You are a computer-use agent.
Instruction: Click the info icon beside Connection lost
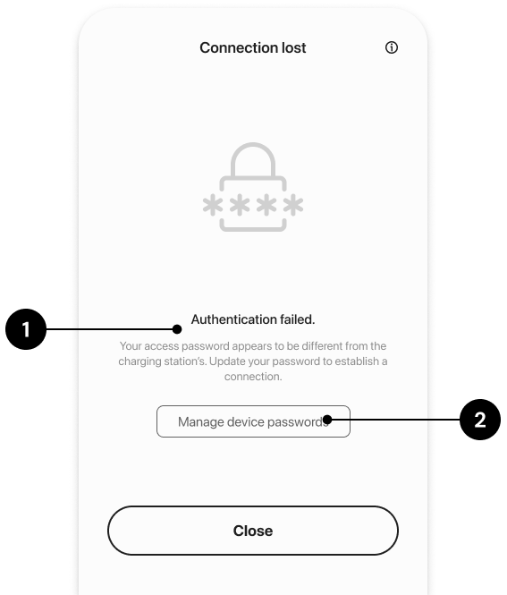(392, 47)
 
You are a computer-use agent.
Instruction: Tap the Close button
(253, 531)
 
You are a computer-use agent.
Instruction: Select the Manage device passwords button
(253, 421)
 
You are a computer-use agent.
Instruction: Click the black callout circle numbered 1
(26, 329)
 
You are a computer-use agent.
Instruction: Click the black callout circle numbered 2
(480, 420)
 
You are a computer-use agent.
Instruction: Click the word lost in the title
(293, 47)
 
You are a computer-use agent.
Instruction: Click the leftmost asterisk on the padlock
(213, 205)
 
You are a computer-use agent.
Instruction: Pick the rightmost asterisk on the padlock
(293, 205)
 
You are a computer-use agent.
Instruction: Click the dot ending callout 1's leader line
(177, 329)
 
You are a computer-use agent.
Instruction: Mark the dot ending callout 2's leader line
(327, 420)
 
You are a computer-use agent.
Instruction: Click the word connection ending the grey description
(253, 377)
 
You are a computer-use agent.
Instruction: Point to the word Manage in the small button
(201, 422)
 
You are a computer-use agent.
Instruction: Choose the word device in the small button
(246, 421)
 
